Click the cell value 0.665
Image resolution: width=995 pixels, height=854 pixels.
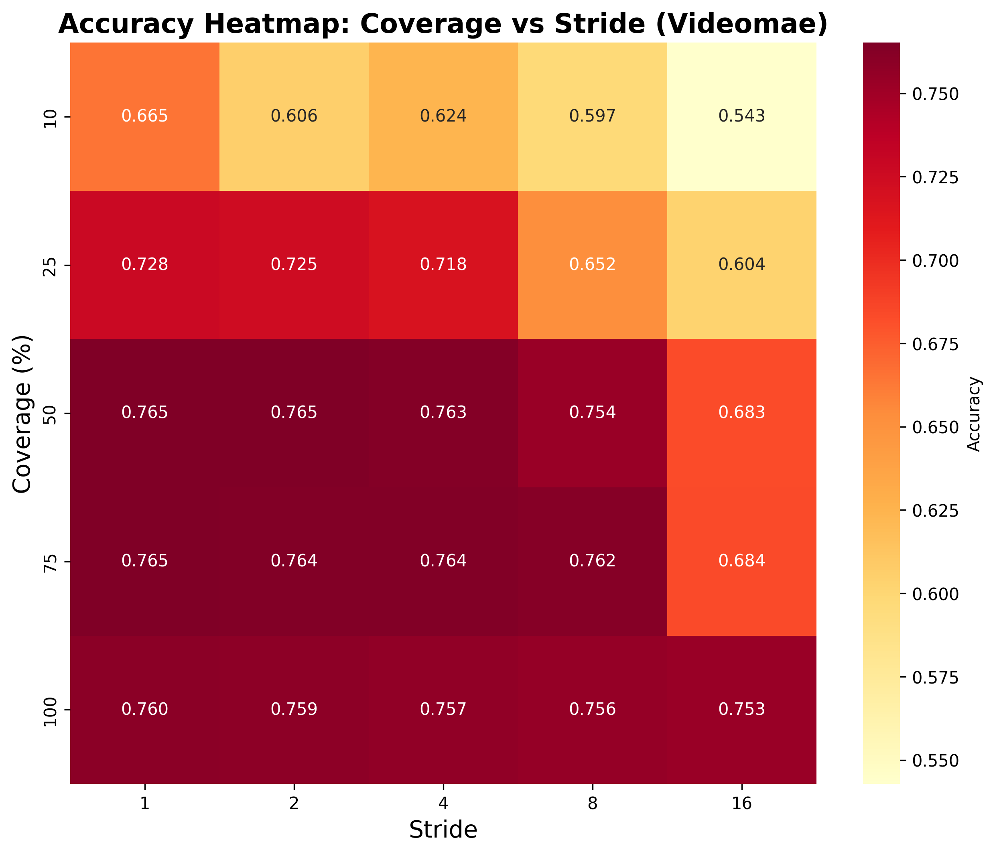coord(145,117)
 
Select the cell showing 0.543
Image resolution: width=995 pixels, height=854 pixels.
coord(741,117)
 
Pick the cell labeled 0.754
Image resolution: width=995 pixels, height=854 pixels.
coord(592,413)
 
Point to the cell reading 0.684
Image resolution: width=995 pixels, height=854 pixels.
coord(741,561)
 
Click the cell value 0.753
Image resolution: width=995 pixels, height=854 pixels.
coord(741,710)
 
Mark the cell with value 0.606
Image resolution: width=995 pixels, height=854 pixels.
coord(294,117)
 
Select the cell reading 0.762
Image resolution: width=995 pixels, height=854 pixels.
coord(592,561)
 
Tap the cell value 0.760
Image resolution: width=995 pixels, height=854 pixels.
coord(145,710)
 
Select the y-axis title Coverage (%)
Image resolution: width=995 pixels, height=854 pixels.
coord(22,413)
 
